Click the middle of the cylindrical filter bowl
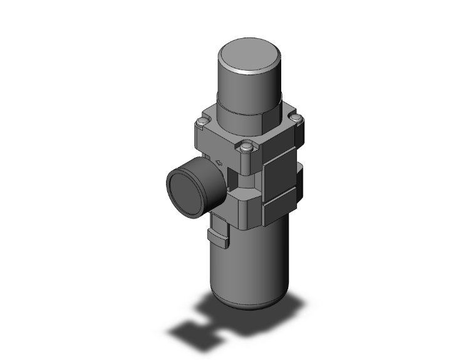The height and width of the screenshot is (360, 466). (x=247, y=263)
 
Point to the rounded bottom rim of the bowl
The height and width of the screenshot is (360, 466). (x=251, y=306)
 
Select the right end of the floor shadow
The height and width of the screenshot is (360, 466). (x=294, y=304)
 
